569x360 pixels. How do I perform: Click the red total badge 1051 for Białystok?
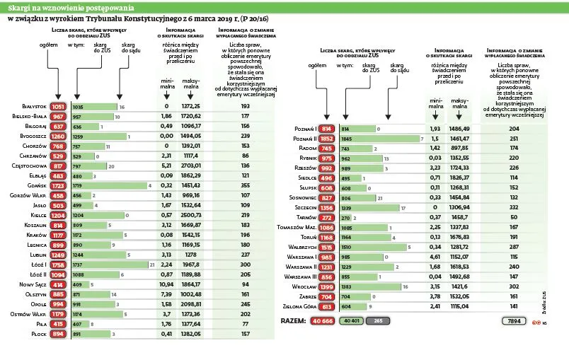pyautogui.click(x=59, y=106)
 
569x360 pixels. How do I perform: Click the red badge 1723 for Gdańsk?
pyautogui.click(x=59, y=185)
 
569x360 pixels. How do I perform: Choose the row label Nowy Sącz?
pyautogui.click(x=32, y=284)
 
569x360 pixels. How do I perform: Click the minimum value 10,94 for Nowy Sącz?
pyautogui.click(x=167, y=284)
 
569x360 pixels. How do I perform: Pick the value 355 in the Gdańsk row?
pyautogui.click(x=245, y=185)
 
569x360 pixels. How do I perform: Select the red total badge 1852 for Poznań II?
pyautogui.click(x=327, y=139)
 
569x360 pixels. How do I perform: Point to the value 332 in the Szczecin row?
pyautogui.click(x=514, y=209)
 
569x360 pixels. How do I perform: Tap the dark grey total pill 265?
pyautogui.click(x=379, y=320)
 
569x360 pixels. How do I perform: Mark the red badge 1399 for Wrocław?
pyautogui.click(x=327, y=288)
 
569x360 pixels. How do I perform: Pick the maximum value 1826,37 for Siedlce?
pyautogui.click(x=459, y=179)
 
